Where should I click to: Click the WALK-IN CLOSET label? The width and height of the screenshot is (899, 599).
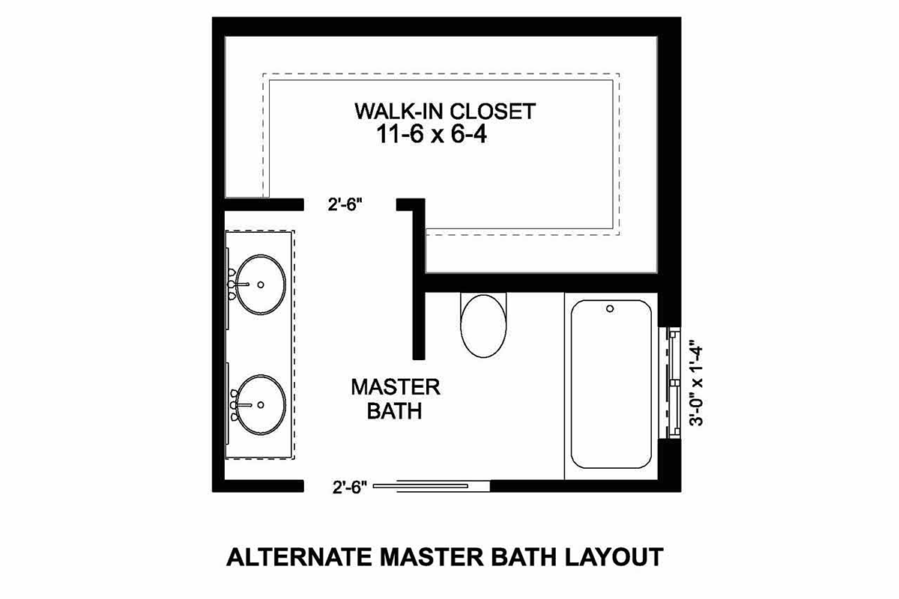tap(445, 111)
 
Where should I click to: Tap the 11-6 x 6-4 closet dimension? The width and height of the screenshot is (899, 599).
tap(432, 135)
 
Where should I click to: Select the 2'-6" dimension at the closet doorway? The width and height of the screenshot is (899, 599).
tap(345, 204)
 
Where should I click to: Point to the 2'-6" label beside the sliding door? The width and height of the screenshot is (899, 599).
tap(350, 487)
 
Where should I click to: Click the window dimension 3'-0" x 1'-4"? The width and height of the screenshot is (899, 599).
tap(696, 383)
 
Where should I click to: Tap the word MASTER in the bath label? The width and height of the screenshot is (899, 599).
tap(396, 387)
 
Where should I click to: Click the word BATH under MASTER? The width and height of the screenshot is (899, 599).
tap(395, 411)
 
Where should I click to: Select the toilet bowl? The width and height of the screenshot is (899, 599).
tap(484, 326)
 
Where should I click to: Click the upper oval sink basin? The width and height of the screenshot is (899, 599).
tap(261, 285)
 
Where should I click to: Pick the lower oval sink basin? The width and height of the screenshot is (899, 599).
tap(261, 405)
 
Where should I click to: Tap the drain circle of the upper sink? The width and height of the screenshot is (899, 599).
tap(261, 285)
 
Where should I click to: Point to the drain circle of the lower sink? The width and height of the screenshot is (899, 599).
tap(261, 405)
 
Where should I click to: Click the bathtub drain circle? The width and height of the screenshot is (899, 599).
tap(610, 308)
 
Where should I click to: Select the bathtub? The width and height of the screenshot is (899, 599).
tap(611, 384)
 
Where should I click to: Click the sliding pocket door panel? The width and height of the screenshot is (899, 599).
tap(420, 486)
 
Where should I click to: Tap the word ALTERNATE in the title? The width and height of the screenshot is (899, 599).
tap(299, 557)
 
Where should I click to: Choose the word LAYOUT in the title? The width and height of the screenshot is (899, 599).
tap(614, 557)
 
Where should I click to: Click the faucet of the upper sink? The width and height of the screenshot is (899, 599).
tap(238, 285)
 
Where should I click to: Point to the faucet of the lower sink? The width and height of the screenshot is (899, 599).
tap(240, 405)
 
